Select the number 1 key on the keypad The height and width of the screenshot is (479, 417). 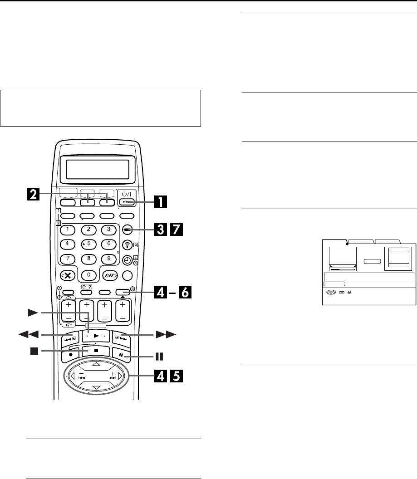click(x=68, y=229)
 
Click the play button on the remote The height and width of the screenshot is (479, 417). click(x=94, y=326)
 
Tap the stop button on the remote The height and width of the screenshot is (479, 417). click(x=95, y=351)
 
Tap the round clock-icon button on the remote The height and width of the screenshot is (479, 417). click(x=128, y=260)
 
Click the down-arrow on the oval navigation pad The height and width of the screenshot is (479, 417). click(x=95, y=388)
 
